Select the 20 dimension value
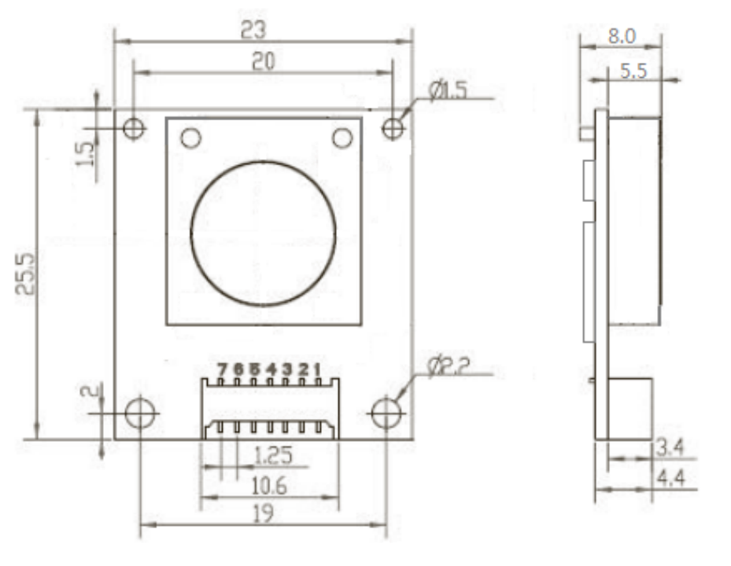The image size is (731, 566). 263,61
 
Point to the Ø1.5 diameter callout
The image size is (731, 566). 448,90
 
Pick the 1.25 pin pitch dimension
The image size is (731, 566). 273,454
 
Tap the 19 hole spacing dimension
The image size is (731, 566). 263,514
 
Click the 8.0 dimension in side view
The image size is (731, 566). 622,35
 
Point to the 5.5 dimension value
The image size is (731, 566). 633,71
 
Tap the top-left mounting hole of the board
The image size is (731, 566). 134,127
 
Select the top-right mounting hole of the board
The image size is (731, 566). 393,127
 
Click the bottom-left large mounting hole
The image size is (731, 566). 141,412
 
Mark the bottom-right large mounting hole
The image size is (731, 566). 386,412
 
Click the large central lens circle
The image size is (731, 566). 263,233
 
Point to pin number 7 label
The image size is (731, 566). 222,369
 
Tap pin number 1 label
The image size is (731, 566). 316,369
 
